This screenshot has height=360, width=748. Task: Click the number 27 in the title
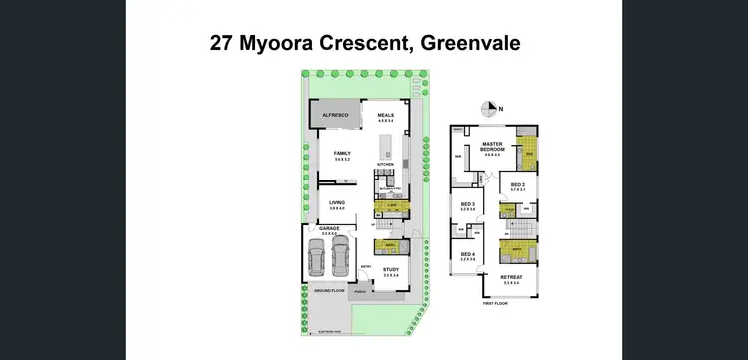click(223, 43)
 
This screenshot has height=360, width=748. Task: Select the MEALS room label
click(386, 115)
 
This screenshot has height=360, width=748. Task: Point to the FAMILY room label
click(344, 153)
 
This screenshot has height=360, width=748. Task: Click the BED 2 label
click(517, 184)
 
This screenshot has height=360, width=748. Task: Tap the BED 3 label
click(468, 206)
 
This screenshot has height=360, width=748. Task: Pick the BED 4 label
click(468, 254)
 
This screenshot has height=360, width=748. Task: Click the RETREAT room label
click(511, 278)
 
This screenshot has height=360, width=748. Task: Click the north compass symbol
click(488, 108)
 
